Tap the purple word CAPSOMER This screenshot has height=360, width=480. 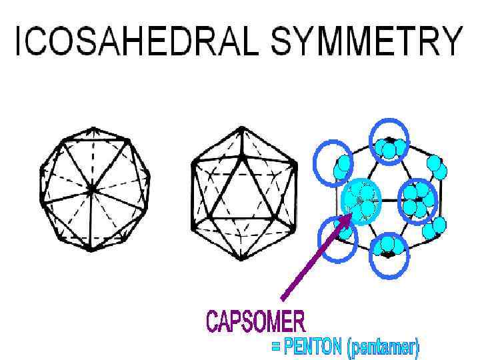(x=256, y=322)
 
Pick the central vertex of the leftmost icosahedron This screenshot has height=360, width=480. (x=93, y=190)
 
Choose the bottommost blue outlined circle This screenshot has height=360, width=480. (x=388, y=254)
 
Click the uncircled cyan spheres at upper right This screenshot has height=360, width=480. (x=437, y=167)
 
